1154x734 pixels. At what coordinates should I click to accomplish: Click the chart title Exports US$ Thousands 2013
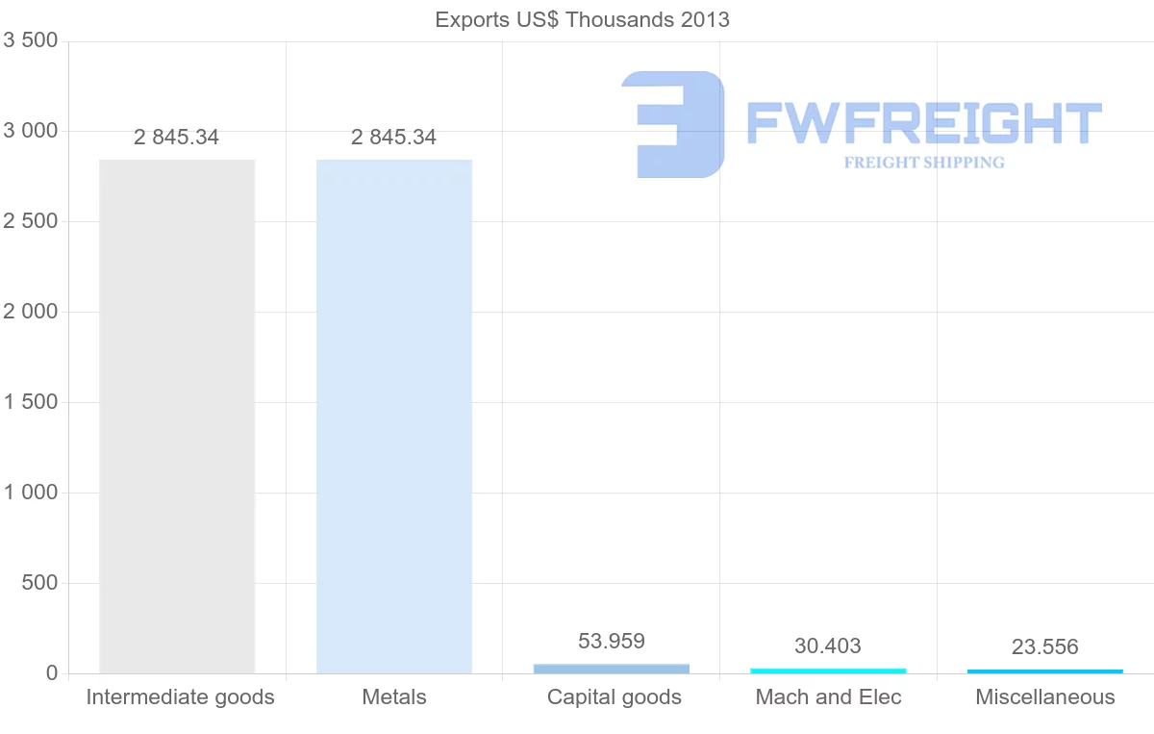[x=582, y=19]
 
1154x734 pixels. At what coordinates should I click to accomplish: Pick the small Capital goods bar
[x=612, y=669]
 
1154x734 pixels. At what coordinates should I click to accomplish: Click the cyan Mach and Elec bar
[x=828, y=671]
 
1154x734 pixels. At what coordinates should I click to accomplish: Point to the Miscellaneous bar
[x=1045, y=671]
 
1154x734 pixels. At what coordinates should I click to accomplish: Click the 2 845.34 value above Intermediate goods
[x=176, y=138]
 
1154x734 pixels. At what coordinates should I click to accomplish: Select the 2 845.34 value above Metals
[x=393, y=138]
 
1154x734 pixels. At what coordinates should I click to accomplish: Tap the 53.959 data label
[x=612, y=641]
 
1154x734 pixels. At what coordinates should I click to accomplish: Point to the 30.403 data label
[x=828, y=646]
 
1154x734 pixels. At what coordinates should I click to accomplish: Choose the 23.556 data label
[x=1045, y=647]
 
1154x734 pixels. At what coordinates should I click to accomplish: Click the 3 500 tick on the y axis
[x=31, y=40]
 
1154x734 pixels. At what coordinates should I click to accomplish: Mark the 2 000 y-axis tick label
[x=31, y=312]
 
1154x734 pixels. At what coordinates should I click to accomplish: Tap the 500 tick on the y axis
[x=38, y=583]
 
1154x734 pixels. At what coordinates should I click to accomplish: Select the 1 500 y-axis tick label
[x=31, y=402]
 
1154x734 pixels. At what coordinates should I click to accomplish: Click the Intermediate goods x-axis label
[x=181, y=697]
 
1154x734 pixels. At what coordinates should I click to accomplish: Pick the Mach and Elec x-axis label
[x=829, y=697]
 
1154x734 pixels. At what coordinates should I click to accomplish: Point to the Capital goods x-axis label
[x=615, y=697]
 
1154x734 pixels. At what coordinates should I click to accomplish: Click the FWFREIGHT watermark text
[x=923, y=123]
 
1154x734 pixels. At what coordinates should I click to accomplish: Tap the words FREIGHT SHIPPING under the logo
[x=924, y=163]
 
